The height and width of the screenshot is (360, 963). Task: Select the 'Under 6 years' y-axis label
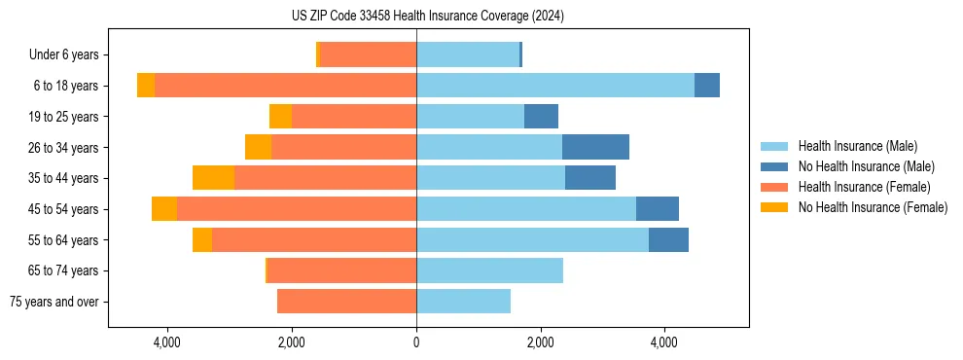(70, 54)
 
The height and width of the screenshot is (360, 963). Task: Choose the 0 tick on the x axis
(416, 342)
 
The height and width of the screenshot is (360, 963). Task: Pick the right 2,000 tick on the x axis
(540, 342)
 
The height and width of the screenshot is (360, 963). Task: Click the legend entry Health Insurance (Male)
(857, 146)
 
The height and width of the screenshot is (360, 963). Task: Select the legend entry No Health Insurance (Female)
(873, 207)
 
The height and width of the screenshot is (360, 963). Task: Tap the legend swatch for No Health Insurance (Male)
(775, 166)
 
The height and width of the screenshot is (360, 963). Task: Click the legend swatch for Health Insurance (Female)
(775, 187)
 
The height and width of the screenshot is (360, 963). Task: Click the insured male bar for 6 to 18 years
(555, 86)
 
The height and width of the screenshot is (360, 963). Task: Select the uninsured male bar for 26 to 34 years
(595, 147)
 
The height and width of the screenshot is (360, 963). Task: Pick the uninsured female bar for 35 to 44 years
(213, 178)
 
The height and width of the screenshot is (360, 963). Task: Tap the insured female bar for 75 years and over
(346, 302)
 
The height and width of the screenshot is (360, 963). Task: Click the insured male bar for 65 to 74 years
(489, 270)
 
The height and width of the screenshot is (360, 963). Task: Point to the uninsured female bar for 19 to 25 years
(280, 117)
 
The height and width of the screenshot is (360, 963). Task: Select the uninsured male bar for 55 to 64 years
(668, 239)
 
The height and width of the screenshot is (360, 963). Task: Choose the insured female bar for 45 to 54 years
(297, 209)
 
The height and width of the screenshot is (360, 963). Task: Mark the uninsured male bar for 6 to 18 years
(707, 86)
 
